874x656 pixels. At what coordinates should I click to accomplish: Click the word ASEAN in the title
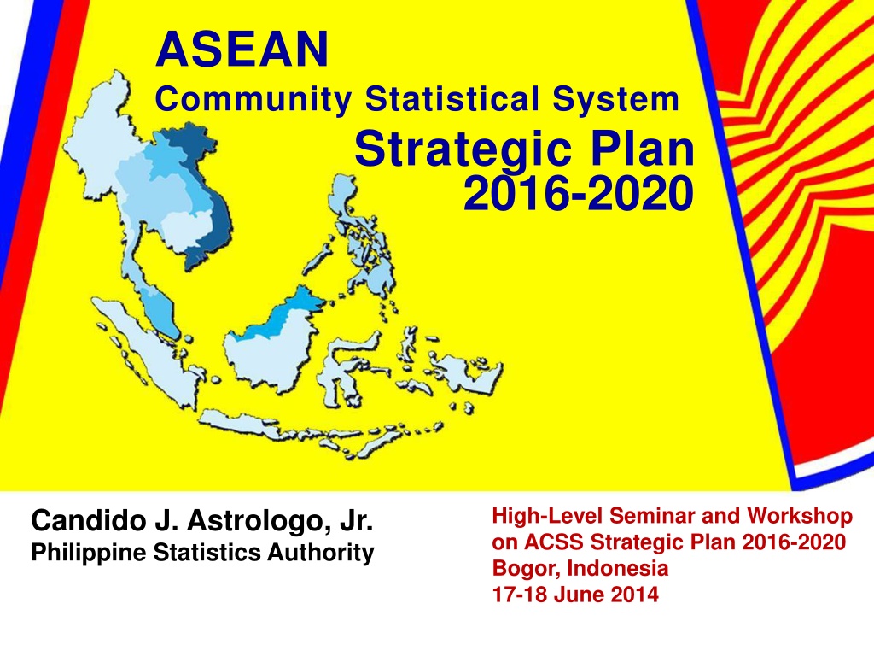[x=242, y=49]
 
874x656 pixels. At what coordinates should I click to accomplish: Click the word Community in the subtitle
[x=253, y=100]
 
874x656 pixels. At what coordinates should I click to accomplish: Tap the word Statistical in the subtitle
[x=452, y=99]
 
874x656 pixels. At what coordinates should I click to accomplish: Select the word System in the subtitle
[x=616, y=100]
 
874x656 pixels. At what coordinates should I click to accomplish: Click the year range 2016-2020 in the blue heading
[x=579, y=193]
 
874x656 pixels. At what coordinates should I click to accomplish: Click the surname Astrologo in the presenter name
[x=255, y=522]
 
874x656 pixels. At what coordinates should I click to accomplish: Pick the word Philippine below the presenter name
[x=90, y=553]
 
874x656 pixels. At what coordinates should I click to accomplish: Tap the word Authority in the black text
[x=321, y=553]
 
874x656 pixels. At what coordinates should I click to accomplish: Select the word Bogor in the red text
[x=526, y=569]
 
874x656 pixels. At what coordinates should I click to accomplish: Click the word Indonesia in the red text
[x=618, y=568]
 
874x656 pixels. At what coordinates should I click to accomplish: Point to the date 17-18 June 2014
[x=575, y=594]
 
